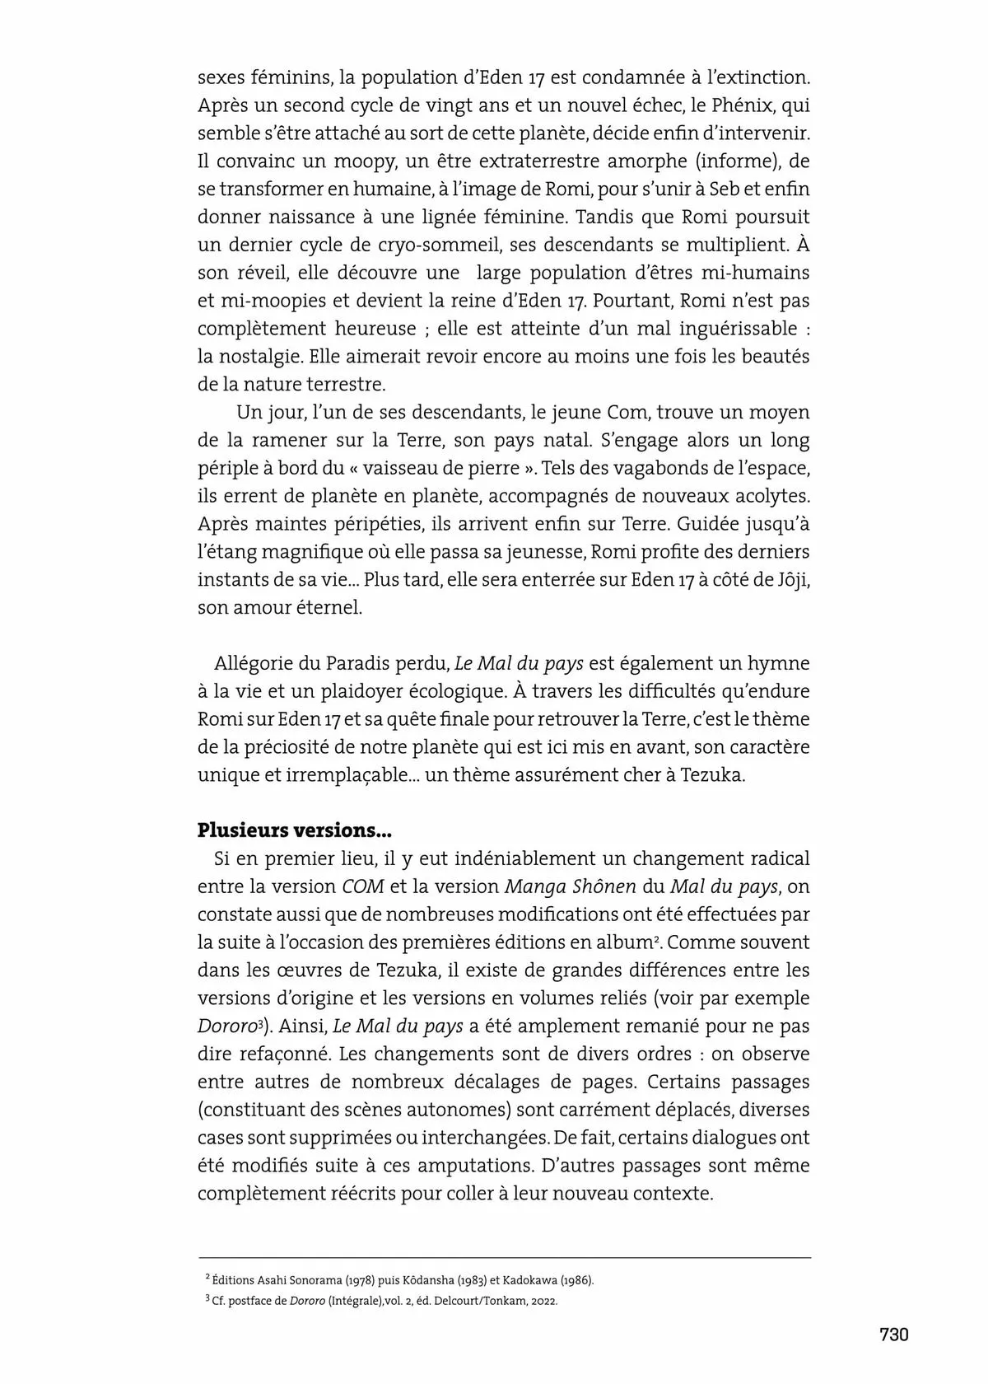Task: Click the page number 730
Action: point(893,1334)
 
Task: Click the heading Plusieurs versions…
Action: point(282,830)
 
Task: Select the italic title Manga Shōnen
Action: point(570,886)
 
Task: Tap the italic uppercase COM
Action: point(363,886)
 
